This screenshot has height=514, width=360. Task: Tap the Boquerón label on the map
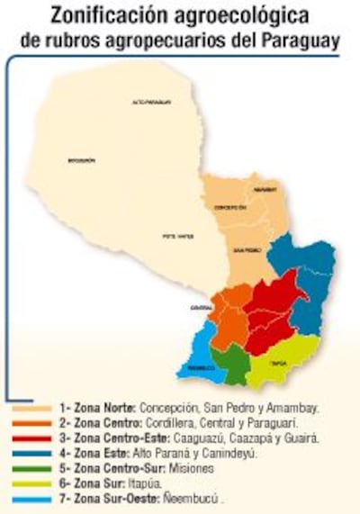(81, 160)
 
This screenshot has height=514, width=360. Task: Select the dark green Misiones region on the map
(234, 364)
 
